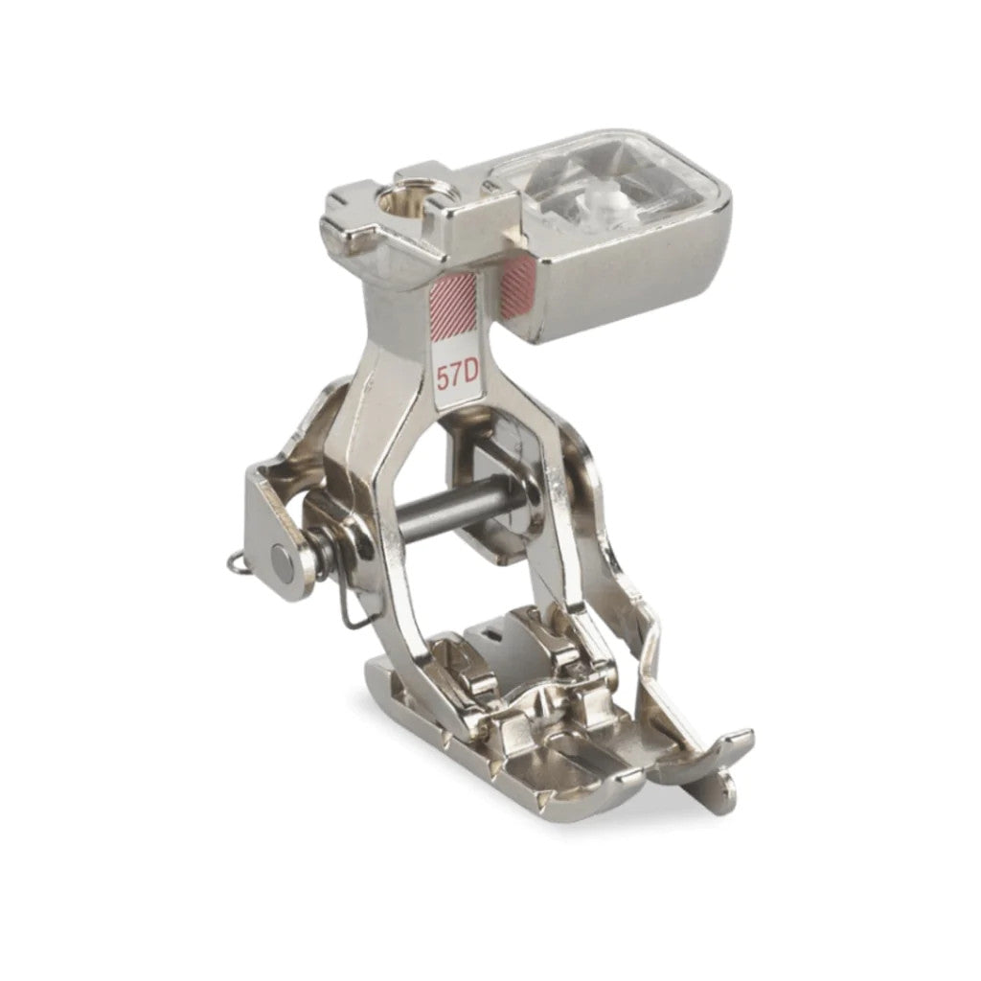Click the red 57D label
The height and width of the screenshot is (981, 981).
coord(457,376)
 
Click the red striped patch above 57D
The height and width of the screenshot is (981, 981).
coord(452,304)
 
